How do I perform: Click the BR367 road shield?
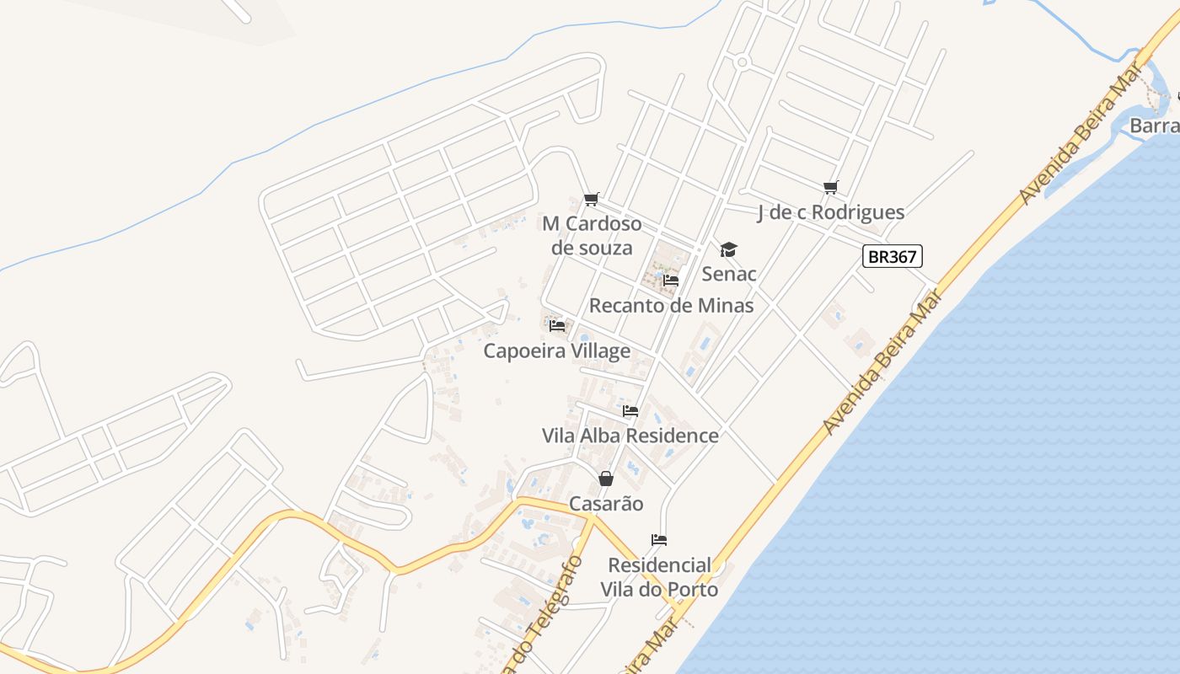pos(893,256)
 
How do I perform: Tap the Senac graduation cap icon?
pos(728,249)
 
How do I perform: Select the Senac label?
pos(729,274)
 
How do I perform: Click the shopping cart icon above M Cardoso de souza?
pos(591,199)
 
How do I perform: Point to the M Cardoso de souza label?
pos(592,235)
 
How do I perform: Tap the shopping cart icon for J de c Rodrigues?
pos(831,187)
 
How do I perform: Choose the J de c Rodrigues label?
pos(830,212)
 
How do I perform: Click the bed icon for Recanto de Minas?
pos(671,280)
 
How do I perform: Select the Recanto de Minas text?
pos(671,305)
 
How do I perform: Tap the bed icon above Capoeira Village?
pos(556,325)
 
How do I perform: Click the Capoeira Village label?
pos(556,350)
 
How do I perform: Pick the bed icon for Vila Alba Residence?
pos(630,411)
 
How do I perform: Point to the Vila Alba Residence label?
pos(630,436)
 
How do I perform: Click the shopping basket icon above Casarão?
pos(606,479)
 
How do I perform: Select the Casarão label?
pos(606,504)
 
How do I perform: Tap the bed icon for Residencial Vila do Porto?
pos(659,539)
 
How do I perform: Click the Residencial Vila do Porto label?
pos(659,576)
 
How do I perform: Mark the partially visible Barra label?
pos(1154,126)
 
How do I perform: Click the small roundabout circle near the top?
pos(743,62)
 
